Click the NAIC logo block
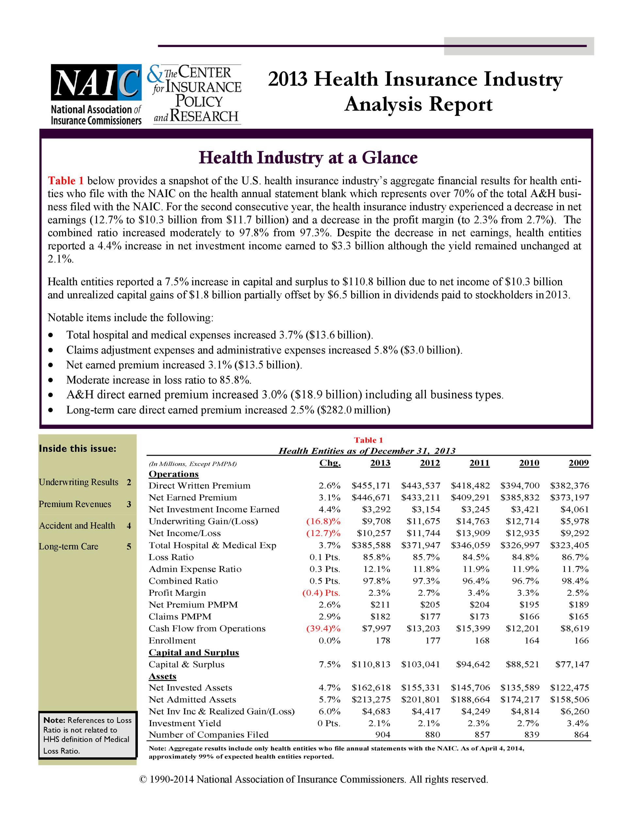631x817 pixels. click(96, 94)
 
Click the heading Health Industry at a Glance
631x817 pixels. click(308, 158)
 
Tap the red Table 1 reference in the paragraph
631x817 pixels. click(66, 181)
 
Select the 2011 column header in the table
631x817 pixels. click(479, 463)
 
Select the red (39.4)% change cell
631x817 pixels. click(323, 628)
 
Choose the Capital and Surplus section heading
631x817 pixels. click(194, 652)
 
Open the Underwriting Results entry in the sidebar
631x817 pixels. click(78, 482)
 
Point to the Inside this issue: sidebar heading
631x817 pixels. click(77, 448)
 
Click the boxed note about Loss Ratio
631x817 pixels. click(88, 735)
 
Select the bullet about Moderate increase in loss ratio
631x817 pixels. click(159, 380)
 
